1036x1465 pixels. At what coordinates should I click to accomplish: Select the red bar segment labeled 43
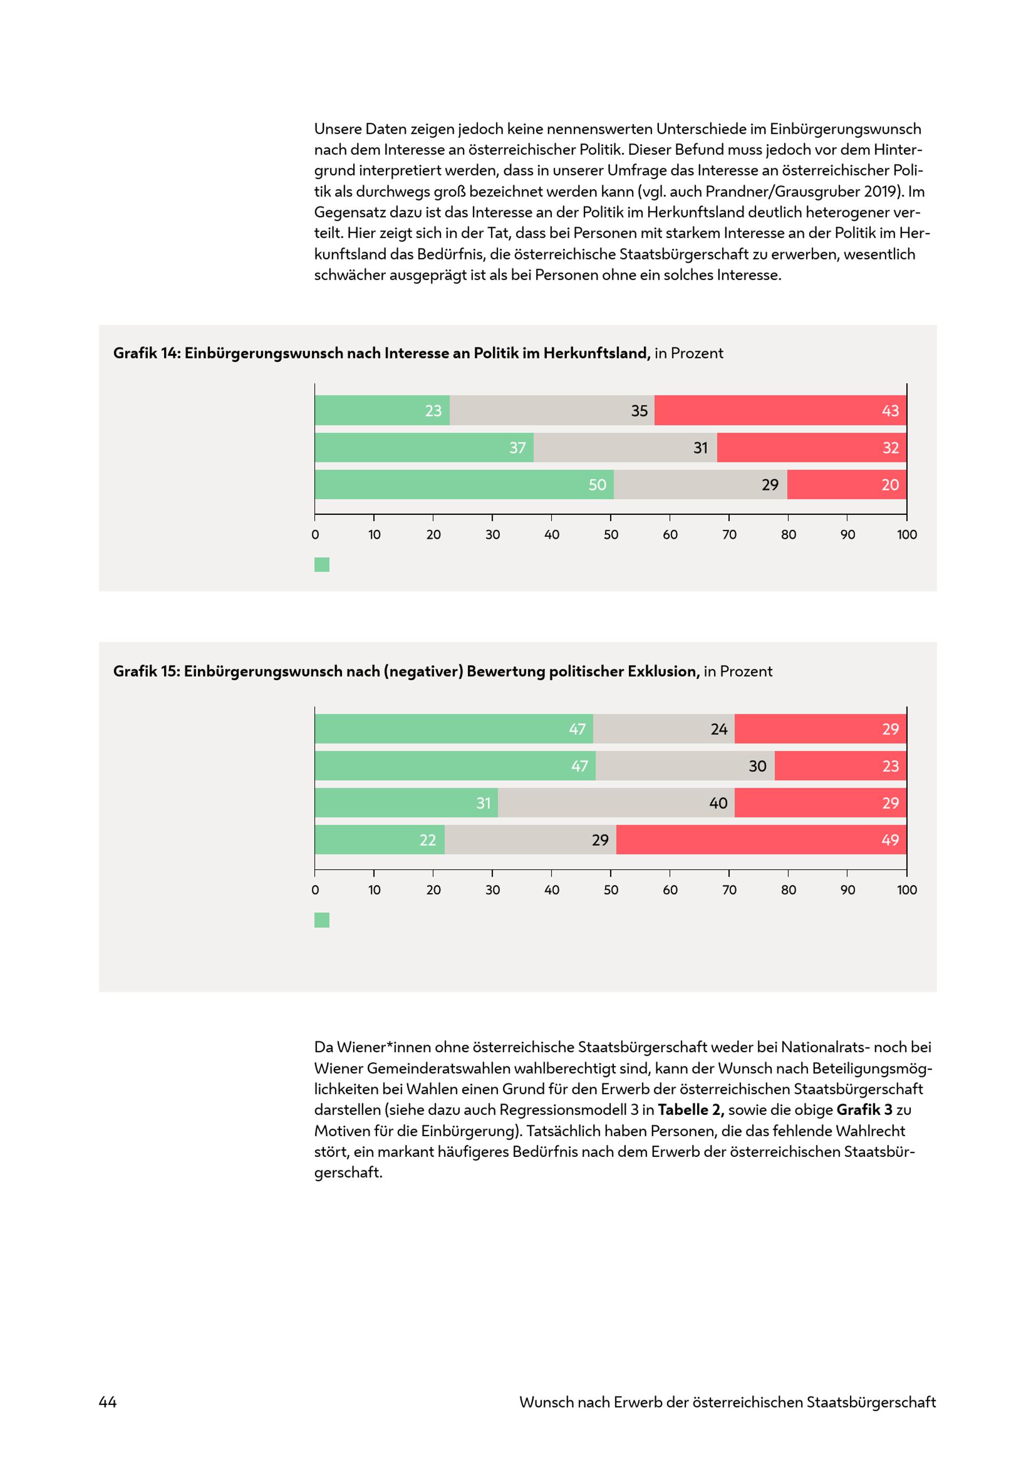(780, 410)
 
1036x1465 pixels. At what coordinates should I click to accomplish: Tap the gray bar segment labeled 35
(552, 410)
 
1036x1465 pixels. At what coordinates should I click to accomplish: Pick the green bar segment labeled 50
(464, 485)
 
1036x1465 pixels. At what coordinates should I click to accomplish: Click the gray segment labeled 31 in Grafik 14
(625, 447)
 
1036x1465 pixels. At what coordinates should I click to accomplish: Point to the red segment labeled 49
(761, 840)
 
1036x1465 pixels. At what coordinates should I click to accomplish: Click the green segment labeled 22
(380, 840)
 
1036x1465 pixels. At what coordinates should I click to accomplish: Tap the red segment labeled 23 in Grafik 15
(840, 766)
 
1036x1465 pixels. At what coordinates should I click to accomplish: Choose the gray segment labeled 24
(664, 729)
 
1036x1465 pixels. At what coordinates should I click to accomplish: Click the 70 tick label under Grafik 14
(729, 535)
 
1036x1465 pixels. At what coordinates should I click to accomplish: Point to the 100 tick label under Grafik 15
(906, 890)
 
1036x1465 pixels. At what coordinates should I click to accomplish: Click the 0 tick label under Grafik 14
(315, 535)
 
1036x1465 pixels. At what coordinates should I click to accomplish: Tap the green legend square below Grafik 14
(322, 565)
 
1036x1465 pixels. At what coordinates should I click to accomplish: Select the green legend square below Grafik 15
(322, 920)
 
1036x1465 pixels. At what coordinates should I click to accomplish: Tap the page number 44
(108, 1402)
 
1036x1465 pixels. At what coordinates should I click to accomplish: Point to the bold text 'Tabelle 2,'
(690, 1110)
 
